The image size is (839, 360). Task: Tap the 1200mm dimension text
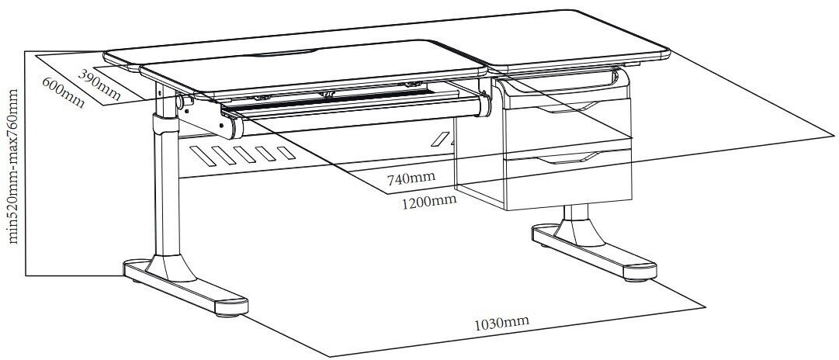click(x=428, y=202)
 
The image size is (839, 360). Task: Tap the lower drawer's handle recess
click(x=569, y=159)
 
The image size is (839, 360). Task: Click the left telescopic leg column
click(x=164, y=194)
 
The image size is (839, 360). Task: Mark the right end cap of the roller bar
click(x=485, y=106)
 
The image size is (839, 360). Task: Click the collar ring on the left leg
click(x=162, y=124)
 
